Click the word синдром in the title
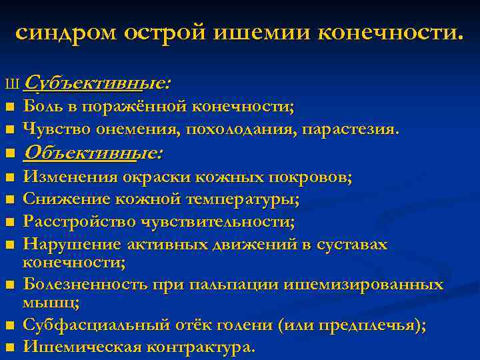click(x=65, y=33)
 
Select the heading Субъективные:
click(x=97, y=83)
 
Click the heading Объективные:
click(x=93, y=153)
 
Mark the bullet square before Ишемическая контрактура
click(x=9, y=347)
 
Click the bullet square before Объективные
click(x=9, y=154)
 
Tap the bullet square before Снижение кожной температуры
click(x=9, y=199)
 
